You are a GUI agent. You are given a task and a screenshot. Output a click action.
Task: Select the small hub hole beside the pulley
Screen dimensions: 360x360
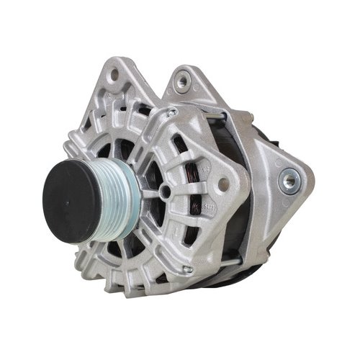coord(166,190)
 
